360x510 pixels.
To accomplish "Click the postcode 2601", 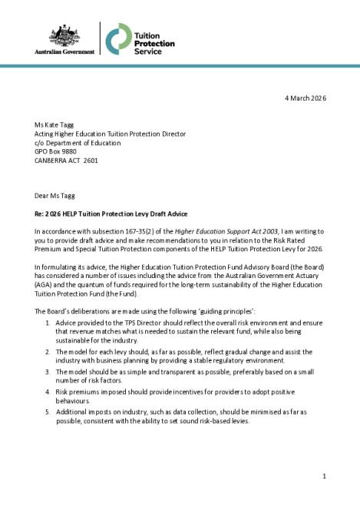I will tap(91, 161).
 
